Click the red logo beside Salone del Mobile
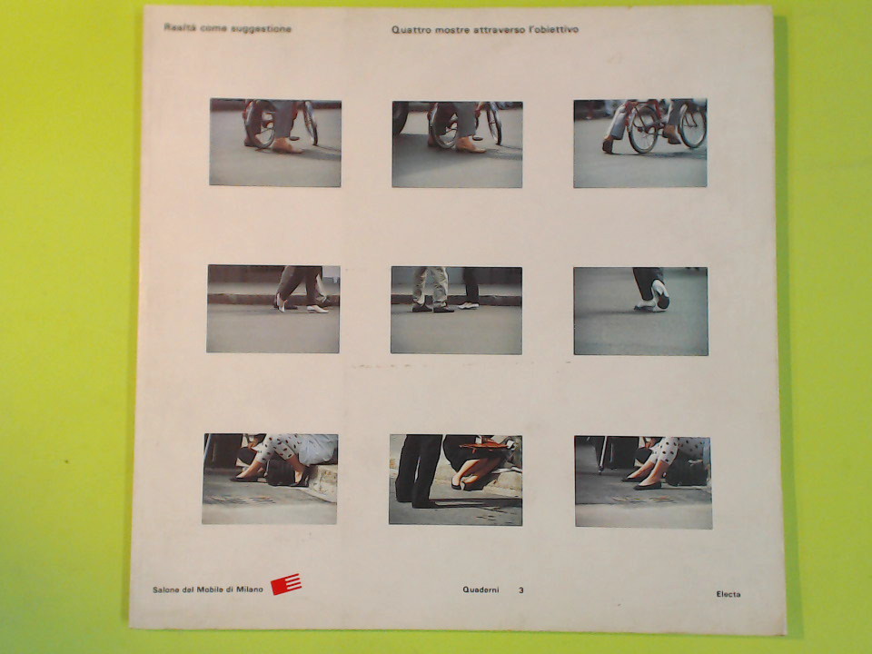286,584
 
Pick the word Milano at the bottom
249,590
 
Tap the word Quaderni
481,590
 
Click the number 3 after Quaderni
521,590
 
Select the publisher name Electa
728,594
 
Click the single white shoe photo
640,311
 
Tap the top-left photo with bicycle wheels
275,143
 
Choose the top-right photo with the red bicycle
640,143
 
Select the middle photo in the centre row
456,311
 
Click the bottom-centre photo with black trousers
455,480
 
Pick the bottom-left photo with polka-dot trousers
270,479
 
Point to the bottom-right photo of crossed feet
643,482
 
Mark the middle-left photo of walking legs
273,309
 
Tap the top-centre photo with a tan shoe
457,144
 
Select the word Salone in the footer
165,590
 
